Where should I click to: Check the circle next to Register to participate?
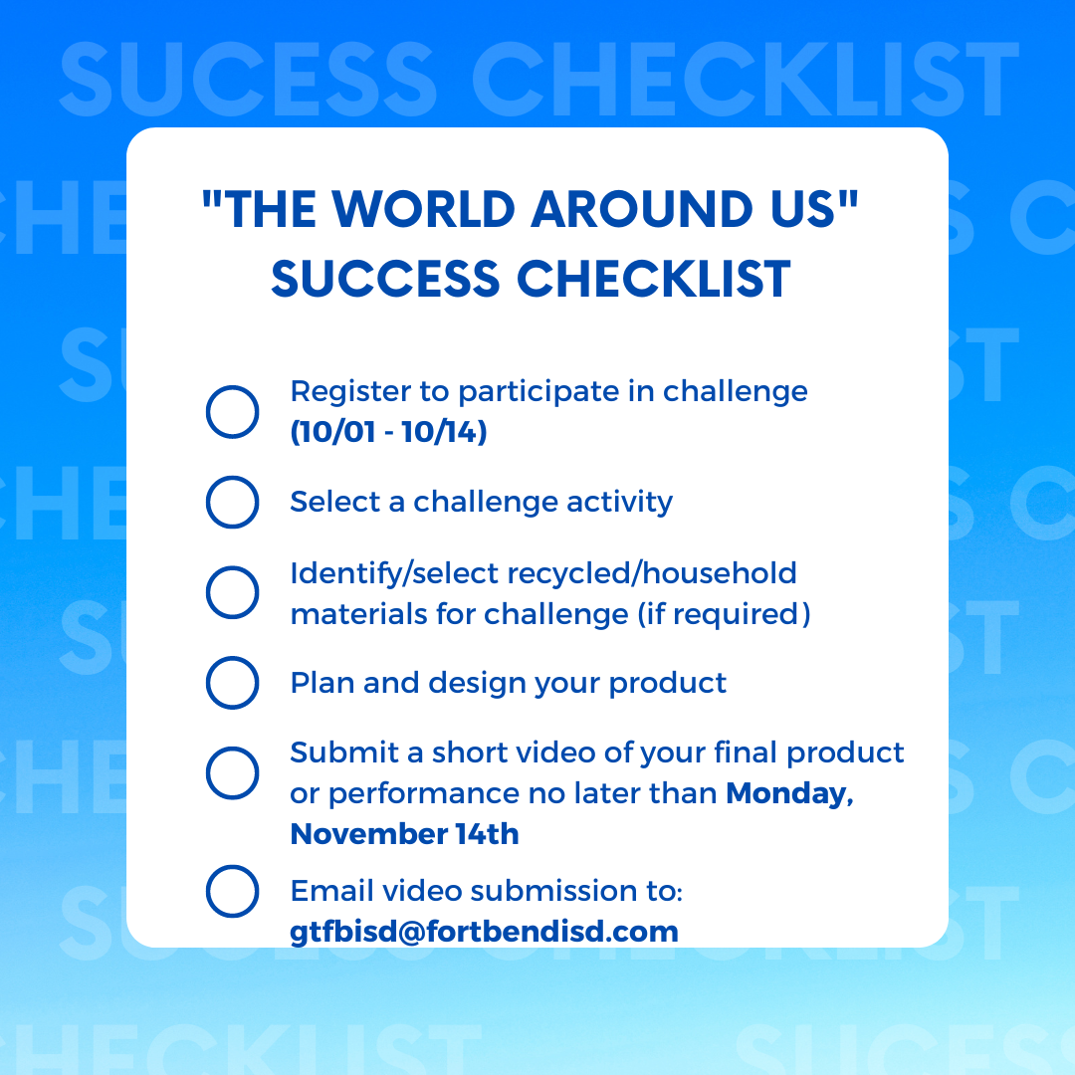point(232,386)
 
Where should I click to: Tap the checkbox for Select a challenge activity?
point(232,477)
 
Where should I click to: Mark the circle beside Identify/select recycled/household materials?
point(232,567)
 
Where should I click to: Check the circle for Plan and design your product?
point(232,658)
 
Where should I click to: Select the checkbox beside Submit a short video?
point(232,748)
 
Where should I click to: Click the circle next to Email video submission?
point(232,866)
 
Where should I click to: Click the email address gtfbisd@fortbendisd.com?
point(484,932)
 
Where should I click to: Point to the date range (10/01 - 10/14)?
point(389,432)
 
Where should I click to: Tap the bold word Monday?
point(789,793)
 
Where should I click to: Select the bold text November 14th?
point(404,834)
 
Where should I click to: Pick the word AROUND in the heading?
point(642,209)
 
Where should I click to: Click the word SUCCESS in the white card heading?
point(385,279)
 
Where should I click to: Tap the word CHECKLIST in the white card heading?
point(653,279)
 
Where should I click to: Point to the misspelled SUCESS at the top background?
point(248,79)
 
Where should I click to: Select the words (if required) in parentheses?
point(724,614)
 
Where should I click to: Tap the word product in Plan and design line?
point(667,684)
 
